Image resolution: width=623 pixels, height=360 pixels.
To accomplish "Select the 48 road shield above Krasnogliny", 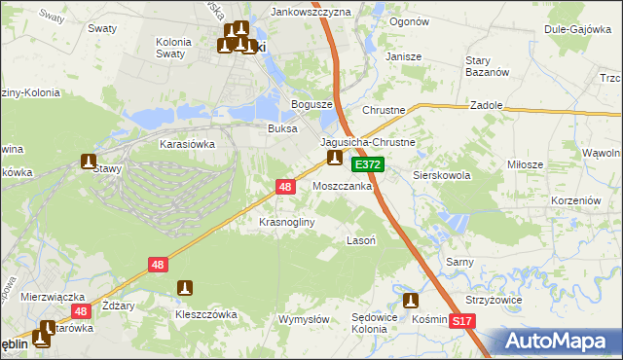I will point(285,185).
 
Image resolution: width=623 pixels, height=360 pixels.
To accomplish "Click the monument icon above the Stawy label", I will point(89,162).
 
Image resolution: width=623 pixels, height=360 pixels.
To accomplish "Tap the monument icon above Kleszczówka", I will point(185,288).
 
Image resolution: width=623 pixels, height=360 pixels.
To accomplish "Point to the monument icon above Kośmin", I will point(410,301).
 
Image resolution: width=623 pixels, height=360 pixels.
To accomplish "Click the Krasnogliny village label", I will point(286,222).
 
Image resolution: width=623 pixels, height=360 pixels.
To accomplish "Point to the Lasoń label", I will point(362,239).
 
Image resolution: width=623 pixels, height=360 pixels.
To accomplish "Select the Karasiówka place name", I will point(187,143).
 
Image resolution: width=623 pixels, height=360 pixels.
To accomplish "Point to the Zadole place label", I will point(486,104).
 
